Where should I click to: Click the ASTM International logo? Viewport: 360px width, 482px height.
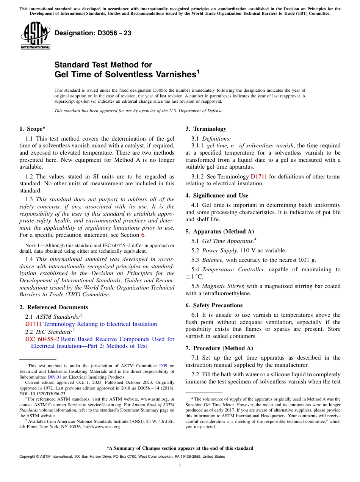tap(35, 36)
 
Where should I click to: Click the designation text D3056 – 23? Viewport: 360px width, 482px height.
tap(93, 33)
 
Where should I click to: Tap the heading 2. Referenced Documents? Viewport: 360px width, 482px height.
tap(54, 307)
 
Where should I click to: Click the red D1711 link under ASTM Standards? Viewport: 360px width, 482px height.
tap(33, 324)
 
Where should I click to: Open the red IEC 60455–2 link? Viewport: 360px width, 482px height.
tap(42, 339)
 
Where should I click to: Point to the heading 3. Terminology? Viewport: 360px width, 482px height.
tap(206, 129)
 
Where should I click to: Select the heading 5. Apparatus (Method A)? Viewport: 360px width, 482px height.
tap(219, 232)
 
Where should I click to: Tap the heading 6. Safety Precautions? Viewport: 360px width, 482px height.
tap(214, 305)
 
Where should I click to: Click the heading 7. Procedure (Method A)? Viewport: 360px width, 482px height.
tap(219, 348)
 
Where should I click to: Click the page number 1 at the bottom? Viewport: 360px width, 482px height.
tap(180, 465)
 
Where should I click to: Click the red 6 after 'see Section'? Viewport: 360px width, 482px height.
tap(143, 235)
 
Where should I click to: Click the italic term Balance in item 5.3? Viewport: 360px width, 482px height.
tap(213, 260)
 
